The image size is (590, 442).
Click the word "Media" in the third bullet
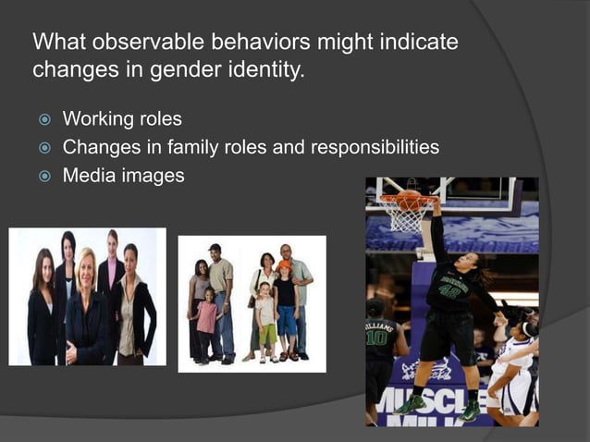(x=87, y=176)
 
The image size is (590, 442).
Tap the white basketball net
(x=407, y=218)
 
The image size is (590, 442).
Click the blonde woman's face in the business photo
(x=85, y=269)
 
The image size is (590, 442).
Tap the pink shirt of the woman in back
(x=112, y=273)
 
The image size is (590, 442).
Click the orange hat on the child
(x=284, y=265)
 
